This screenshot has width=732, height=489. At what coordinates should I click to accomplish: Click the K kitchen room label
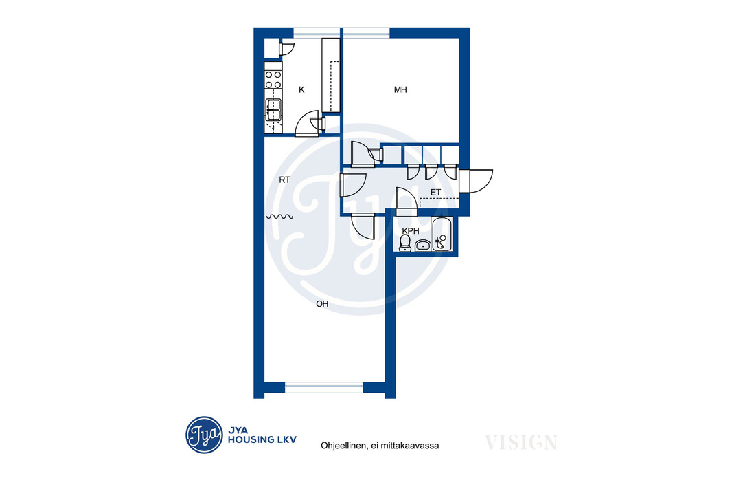(301, 90)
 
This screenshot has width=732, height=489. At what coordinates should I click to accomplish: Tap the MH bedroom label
(400, 90)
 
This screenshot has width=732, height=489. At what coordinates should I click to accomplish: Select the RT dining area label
(285, 180)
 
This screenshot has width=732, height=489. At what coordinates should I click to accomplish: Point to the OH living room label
(322, 304)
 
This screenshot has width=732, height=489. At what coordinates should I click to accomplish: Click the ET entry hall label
(435, 193)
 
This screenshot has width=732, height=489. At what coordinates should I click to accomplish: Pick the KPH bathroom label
(411, 231)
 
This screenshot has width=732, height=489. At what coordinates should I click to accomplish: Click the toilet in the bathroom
(404, 243)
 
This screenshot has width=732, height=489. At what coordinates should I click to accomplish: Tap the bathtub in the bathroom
(442, 235)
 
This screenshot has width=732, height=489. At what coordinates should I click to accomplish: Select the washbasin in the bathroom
(423, 246)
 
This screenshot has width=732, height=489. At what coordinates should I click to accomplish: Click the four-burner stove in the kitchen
(273, 80)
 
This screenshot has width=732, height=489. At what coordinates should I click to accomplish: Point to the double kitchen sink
(273, 110)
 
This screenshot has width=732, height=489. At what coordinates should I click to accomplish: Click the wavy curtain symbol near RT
(279, 217)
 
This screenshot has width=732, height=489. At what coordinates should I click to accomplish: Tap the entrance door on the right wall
(476, 181)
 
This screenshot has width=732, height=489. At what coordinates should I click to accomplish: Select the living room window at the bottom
(324, 387)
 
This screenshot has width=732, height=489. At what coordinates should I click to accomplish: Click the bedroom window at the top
(367, 32)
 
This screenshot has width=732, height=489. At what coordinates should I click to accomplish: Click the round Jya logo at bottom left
(204, 435)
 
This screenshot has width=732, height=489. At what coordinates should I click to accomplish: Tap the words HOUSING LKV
(262, 439)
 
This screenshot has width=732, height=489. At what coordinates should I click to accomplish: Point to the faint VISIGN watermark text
(521, 442)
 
